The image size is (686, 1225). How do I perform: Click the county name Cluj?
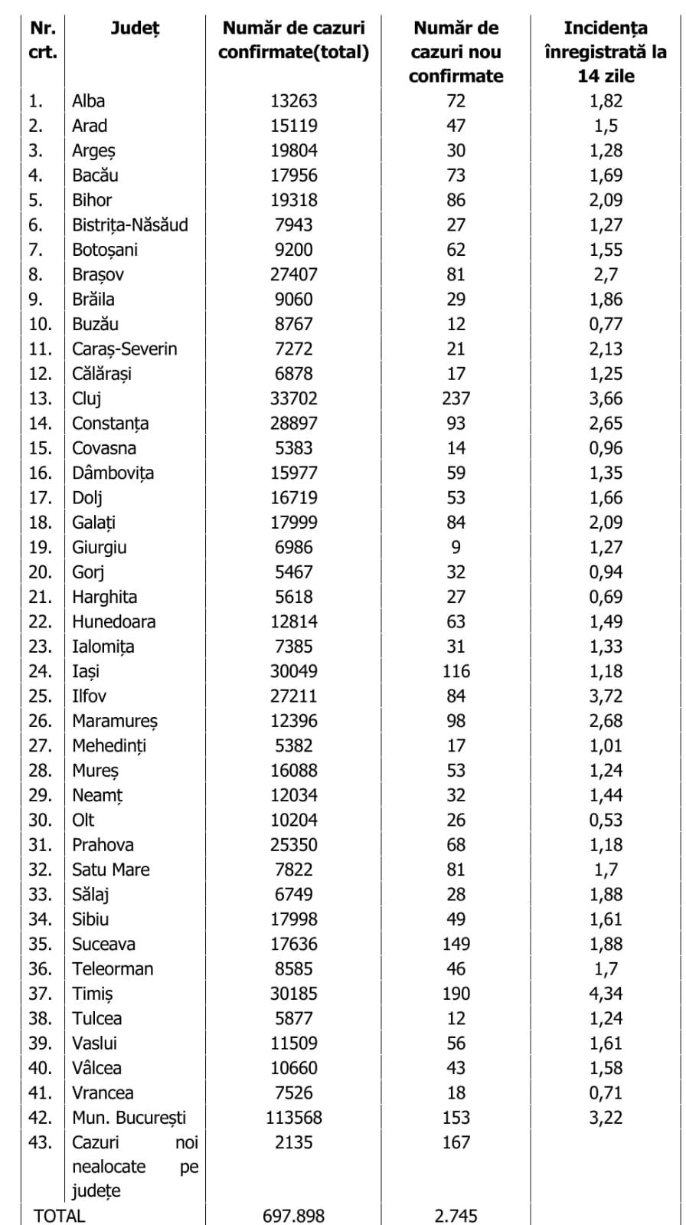tap(87, 398)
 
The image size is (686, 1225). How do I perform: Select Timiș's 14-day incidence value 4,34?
tap(606, 994)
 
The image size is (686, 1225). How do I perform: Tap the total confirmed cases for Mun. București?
tap(294, 1118)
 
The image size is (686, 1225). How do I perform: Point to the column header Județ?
tap(135, 28)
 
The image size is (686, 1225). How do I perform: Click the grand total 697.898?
tap(294, 1216)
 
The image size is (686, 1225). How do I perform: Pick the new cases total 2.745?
tap(456, 1216)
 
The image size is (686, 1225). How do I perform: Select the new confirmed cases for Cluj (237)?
tap(456, 398)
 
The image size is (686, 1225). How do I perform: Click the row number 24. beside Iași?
tap(41, 671)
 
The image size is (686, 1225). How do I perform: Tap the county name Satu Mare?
tap(111, 870)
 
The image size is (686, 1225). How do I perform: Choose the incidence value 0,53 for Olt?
tap(606, 820)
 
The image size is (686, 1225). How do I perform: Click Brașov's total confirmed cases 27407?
tap(294, 274)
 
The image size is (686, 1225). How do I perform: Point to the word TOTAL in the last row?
tap(59, 1216)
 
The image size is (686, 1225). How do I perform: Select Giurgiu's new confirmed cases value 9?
tap(456, 547)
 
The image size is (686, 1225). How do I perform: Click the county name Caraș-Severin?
tap(125, 349)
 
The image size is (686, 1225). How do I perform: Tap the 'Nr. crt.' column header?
tap(43, 40)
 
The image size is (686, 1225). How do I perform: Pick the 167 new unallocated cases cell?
tap(456, 1142)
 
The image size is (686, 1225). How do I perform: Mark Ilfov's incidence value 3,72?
tap(606, 696)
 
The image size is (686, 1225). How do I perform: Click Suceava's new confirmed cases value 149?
tap(456, 944)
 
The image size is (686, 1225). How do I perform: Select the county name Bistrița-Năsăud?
tap(130, 224)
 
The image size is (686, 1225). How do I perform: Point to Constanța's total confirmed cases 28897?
tap(294, 423)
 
